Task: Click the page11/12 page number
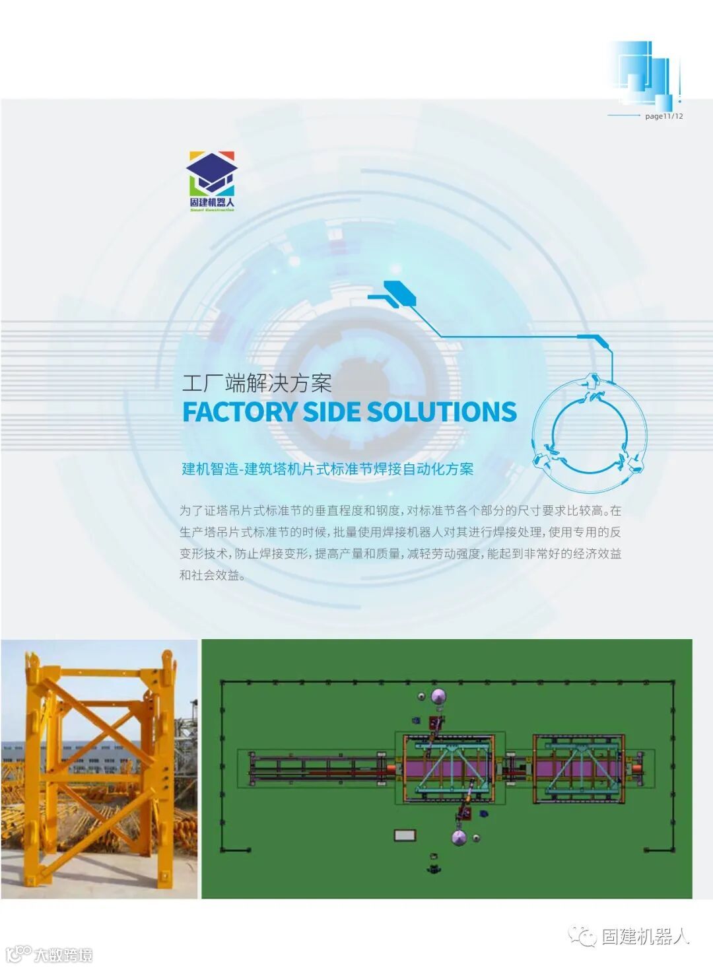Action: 663,116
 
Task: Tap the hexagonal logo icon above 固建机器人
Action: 211,173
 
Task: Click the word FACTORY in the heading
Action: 240,412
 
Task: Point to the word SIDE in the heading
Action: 332,412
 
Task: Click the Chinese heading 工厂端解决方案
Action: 257,383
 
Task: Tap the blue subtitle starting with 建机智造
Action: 327,469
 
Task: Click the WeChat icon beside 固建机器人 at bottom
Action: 582,936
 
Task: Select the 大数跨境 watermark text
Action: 63,955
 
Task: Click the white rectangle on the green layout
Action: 405,835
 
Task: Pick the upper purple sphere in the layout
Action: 439,696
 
